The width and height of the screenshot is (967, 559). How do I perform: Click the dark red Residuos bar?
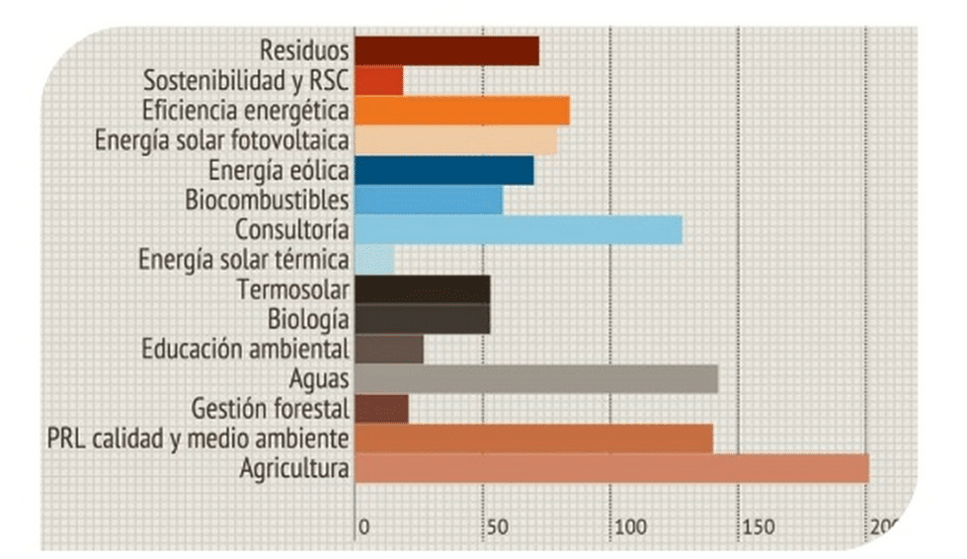point(446,50)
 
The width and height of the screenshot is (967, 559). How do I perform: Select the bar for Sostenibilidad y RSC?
point(378,80)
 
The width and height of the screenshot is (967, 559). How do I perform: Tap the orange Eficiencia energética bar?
point(461,111)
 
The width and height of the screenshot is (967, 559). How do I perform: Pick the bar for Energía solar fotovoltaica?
point(455,140)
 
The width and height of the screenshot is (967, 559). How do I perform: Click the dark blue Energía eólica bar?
point(443,170)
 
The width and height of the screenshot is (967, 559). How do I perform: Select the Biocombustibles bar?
point(428,200)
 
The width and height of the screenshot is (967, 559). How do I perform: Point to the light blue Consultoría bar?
point(518,230)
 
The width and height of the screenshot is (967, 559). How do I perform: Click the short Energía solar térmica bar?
point(374,260)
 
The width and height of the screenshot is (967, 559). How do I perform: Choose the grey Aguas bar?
point(535,379)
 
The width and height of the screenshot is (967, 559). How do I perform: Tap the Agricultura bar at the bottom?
point(610,468)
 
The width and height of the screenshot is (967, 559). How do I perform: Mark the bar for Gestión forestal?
point(381,408)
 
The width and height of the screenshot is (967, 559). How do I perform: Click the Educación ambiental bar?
point(388,349)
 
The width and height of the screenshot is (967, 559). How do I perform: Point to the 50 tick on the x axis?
point(494,526)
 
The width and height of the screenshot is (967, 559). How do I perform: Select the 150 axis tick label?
point(756,526)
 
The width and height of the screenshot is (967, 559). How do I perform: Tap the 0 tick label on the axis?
point(363,526)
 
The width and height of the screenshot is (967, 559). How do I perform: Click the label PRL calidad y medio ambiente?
point(198,438)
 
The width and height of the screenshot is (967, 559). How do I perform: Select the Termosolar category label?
point(293,290)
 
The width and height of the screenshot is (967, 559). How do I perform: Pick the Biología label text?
point(308,320)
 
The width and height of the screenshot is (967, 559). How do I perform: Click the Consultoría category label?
point(291,230)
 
